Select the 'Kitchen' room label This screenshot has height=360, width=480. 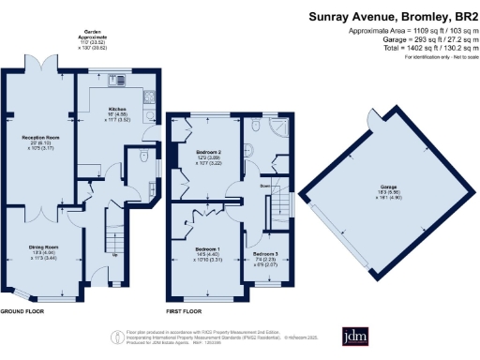(115, 108)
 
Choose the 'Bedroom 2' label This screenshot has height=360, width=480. (208, 151)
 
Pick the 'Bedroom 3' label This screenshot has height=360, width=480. (266, 253)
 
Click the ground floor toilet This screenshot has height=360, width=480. (139, 157)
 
